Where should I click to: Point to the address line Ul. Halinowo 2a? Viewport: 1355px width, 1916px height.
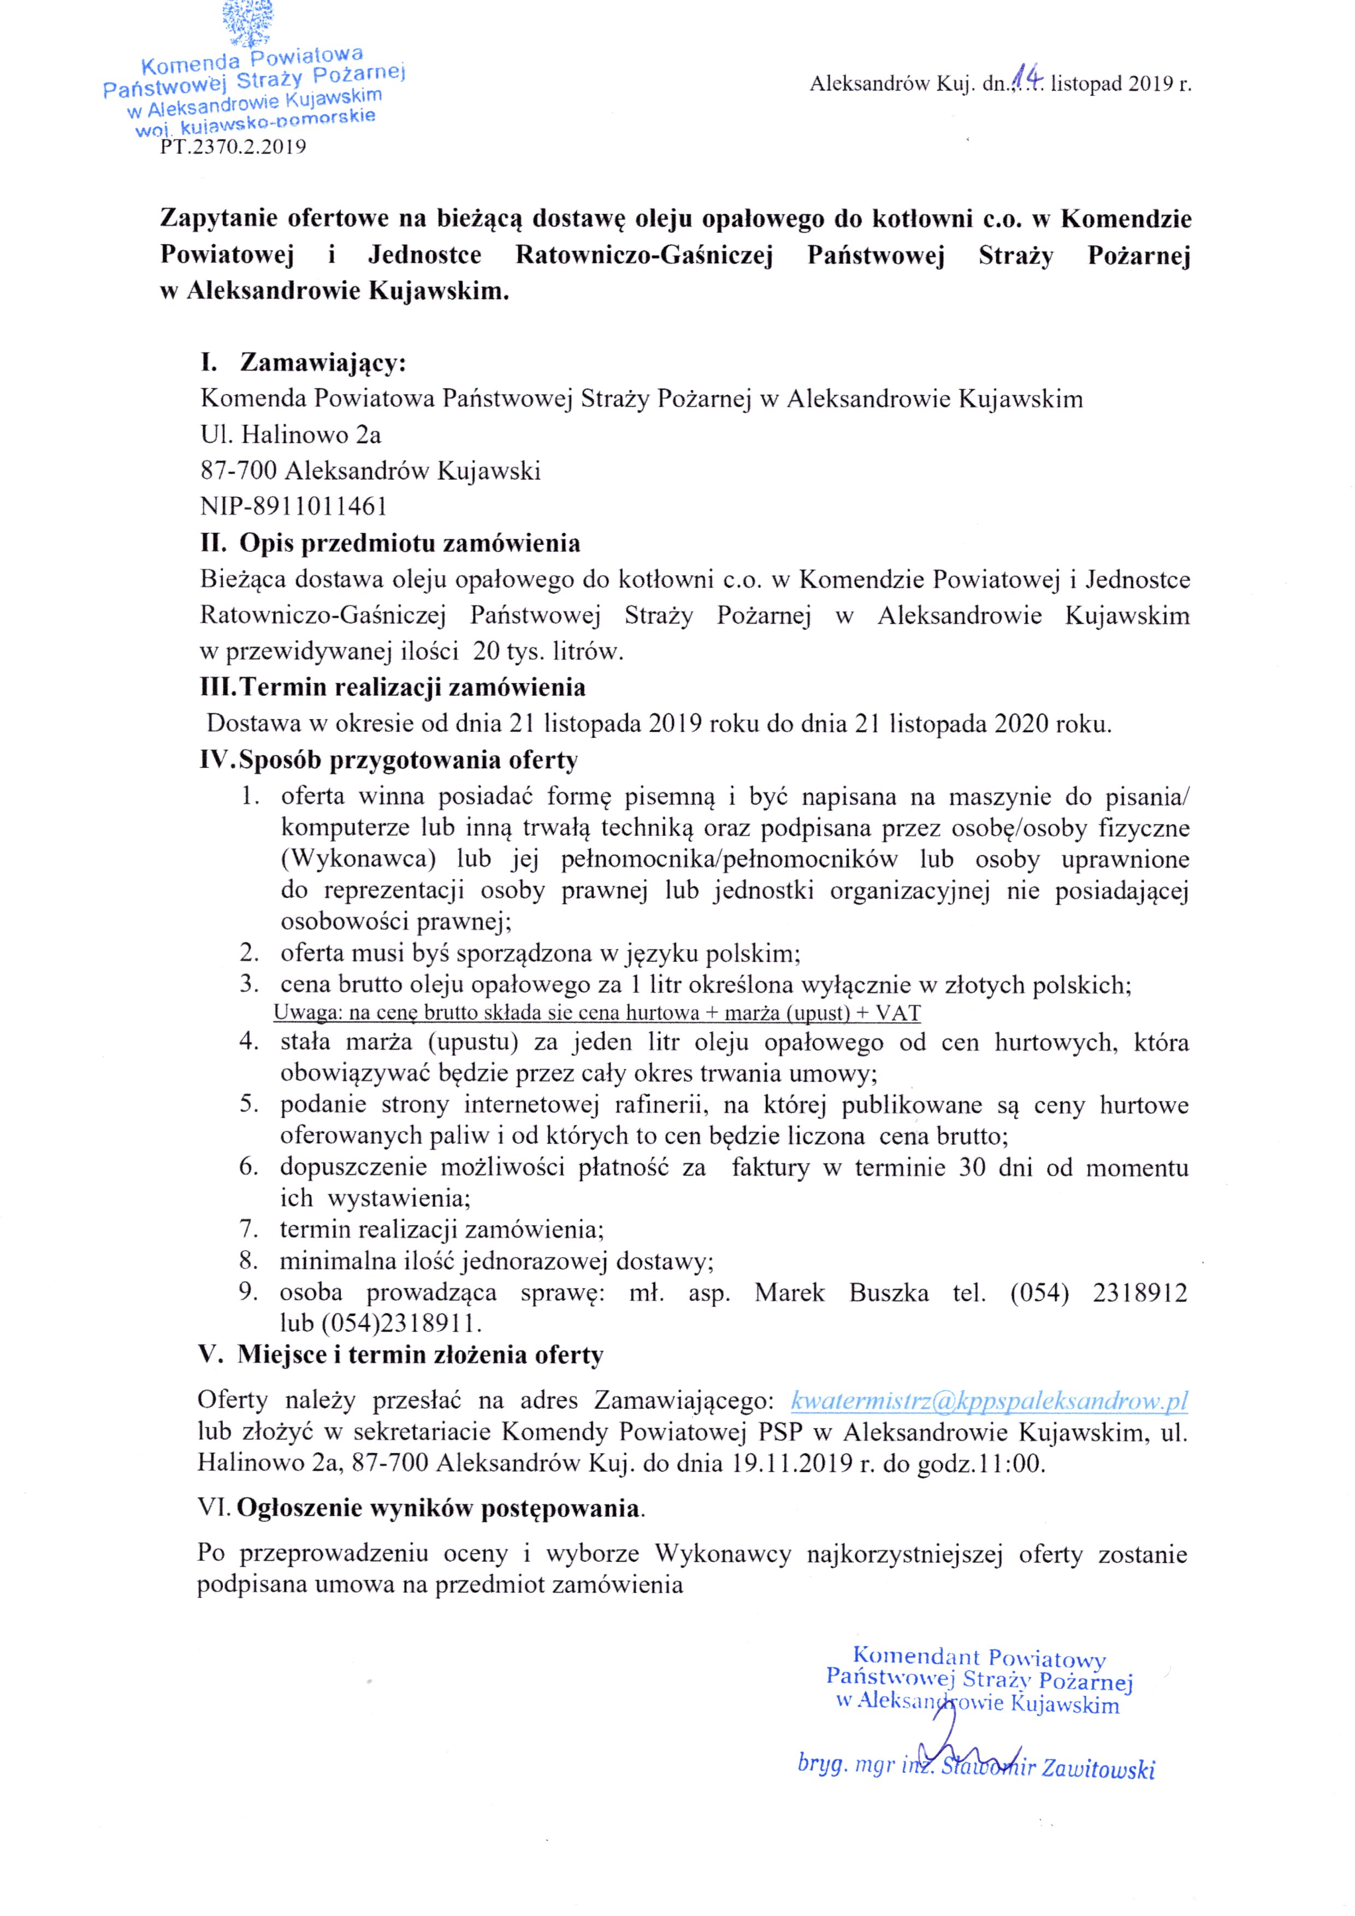pyautogui.click(x=291, y=434)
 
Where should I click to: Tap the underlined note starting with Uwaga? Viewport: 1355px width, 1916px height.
pyautogui.click(x=596, y=1014)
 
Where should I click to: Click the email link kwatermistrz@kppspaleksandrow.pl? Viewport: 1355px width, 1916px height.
pyautogui.click(x=989, y=1400)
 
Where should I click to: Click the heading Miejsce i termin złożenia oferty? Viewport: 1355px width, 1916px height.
pyautogui.click(x=419, y=1354)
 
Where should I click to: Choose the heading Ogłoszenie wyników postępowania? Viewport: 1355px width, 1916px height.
pyautogui.click(x=440, y=1508)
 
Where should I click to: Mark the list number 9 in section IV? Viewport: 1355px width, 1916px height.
pyautogui.click(x=248, y=1292)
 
